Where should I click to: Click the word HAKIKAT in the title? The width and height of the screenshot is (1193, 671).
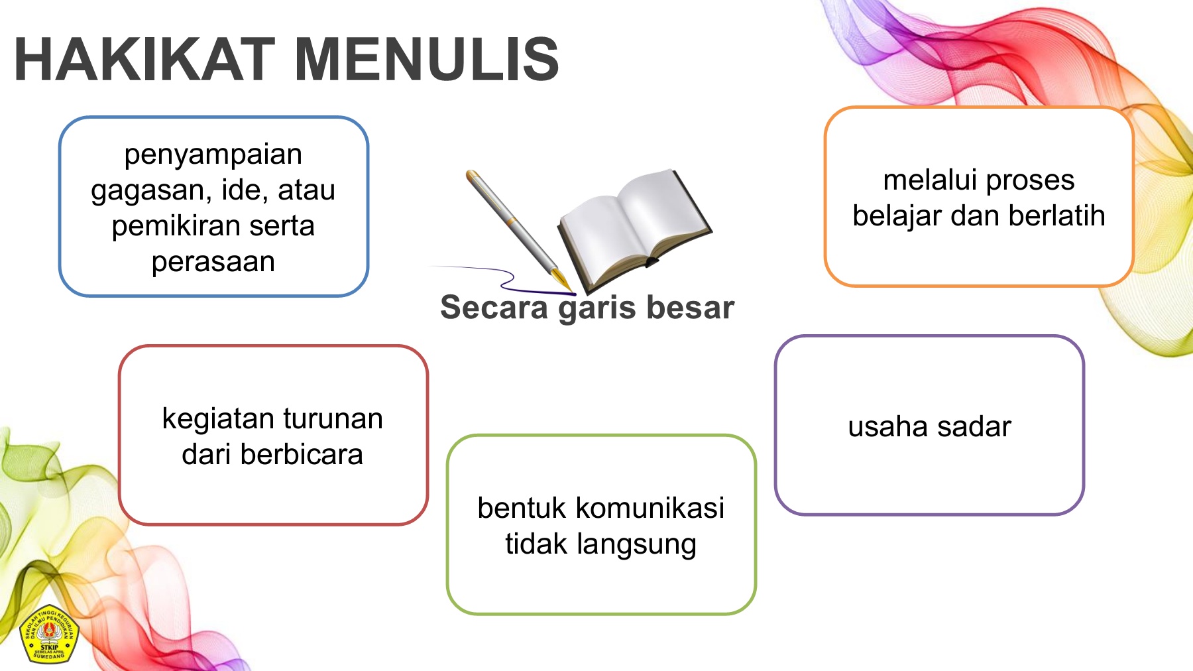click(144, 60)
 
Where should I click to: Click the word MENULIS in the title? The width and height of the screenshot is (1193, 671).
click(427, 60)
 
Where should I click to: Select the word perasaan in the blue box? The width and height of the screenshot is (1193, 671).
click(213, 263)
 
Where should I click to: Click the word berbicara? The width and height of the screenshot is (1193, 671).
click(302, 455)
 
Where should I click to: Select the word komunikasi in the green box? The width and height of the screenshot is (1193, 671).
click(650, 509)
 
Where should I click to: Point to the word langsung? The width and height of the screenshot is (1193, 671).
click(637, 545)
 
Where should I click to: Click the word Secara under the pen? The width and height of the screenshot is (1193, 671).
click(494, 308)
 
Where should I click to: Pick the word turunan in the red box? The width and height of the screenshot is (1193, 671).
click(334, 420)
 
